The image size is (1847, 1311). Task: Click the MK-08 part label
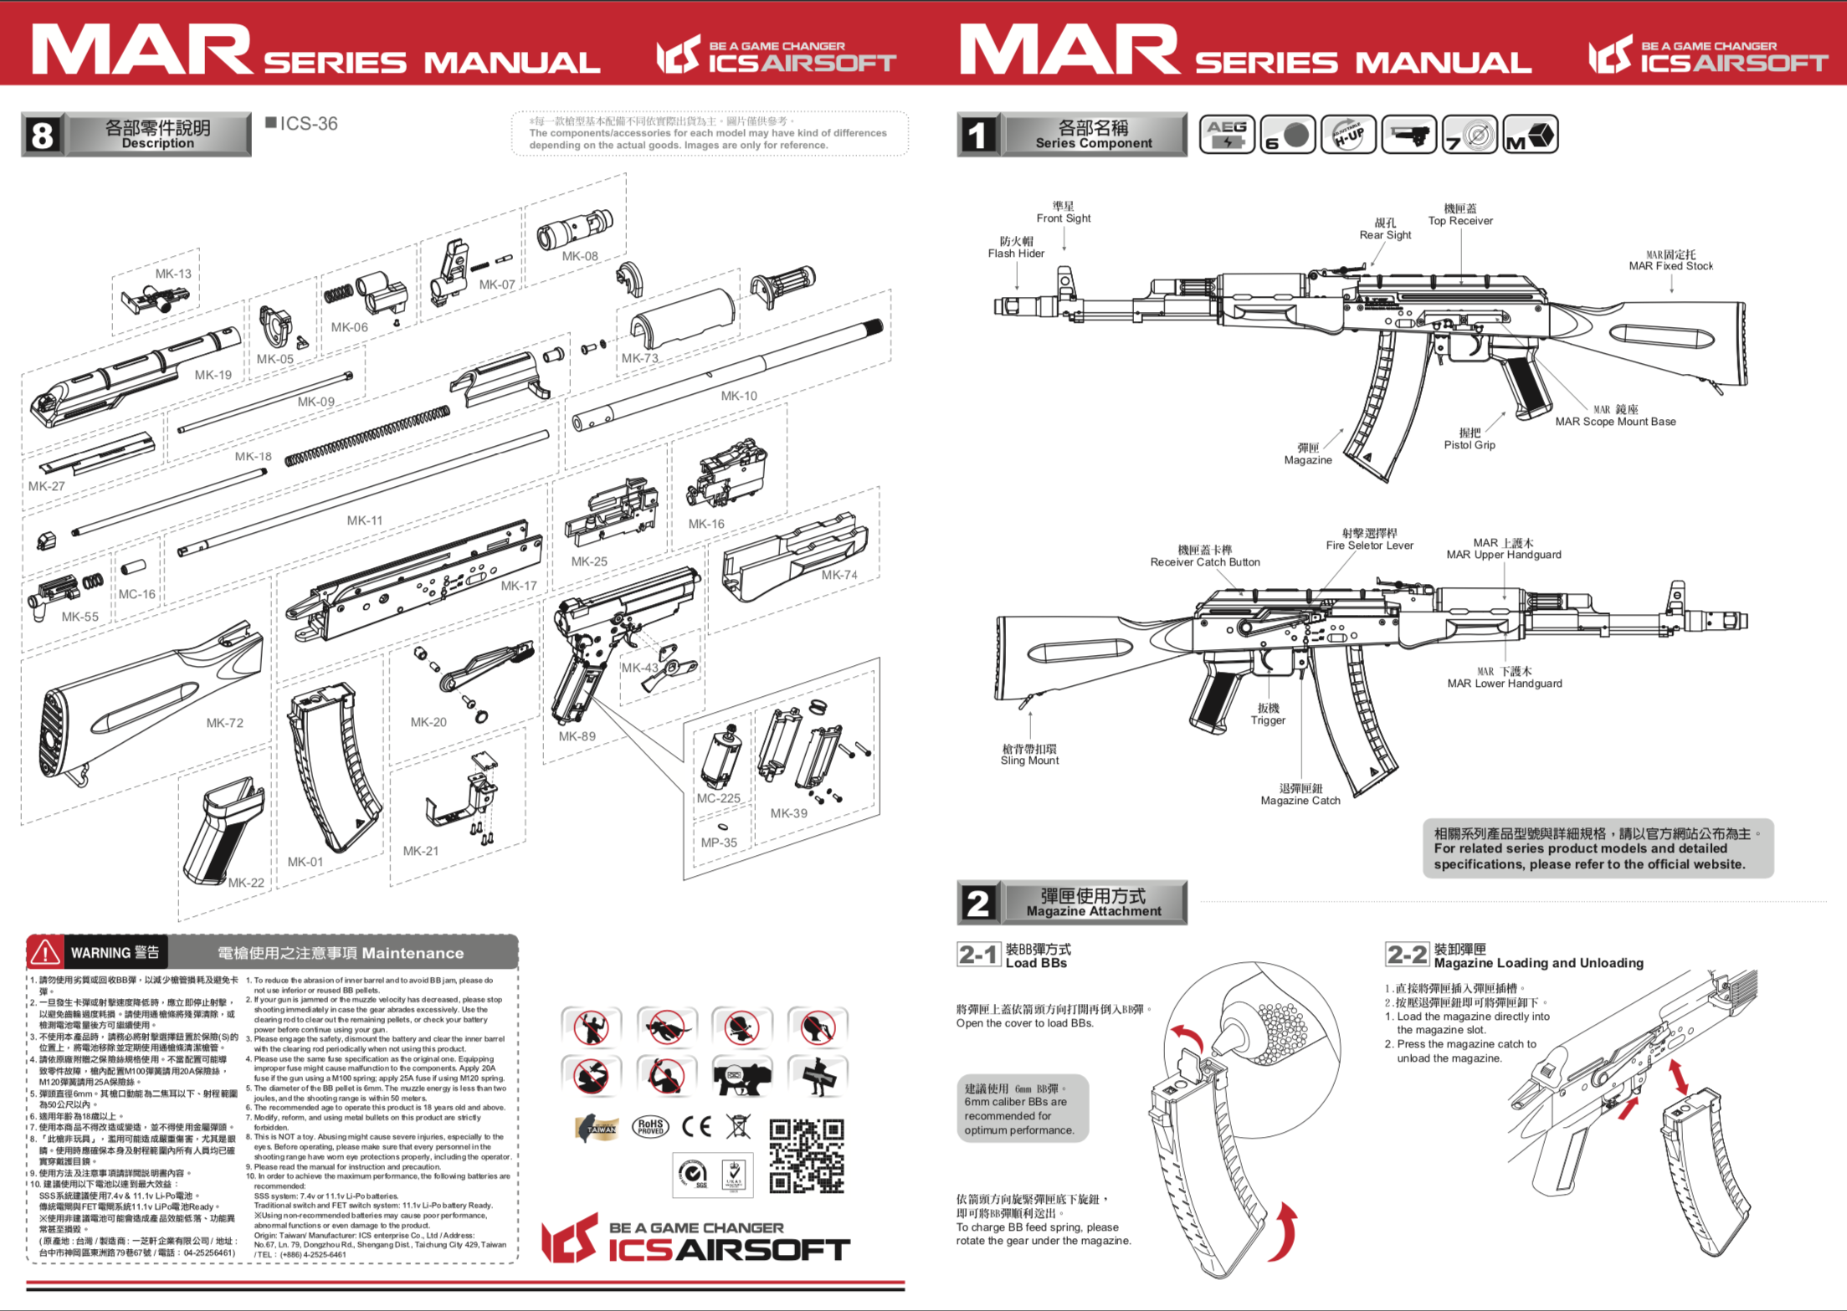pos(579,256)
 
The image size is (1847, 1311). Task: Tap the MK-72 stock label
pos(224,723)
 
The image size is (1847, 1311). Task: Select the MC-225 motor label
pos(718,798)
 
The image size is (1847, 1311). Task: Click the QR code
pos(806,1156)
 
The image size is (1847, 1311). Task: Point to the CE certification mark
pos(696,1127)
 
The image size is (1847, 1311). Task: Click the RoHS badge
pos(650,1127)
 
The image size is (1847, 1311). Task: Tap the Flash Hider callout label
pos(1016,248)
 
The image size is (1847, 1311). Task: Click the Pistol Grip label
pos(1469,439)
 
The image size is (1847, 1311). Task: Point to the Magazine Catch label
pos(1301,795)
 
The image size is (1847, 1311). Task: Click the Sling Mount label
pos(1029,755)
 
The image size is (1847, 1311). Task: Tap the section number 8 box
pos(42,135)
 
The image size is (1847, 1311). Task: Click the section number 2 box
pos(977,903)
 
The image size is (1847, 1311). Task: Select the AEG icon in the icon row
pos(1226,134)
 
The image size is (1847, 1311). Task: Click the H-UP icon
pos(1347,134)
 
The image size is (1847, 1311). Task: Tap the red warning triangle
pos(44,952)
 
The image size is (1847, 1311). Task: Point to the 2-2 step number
pos(1407,955)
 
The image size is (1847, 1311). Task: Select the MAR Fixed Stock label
pos(1670,260)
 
